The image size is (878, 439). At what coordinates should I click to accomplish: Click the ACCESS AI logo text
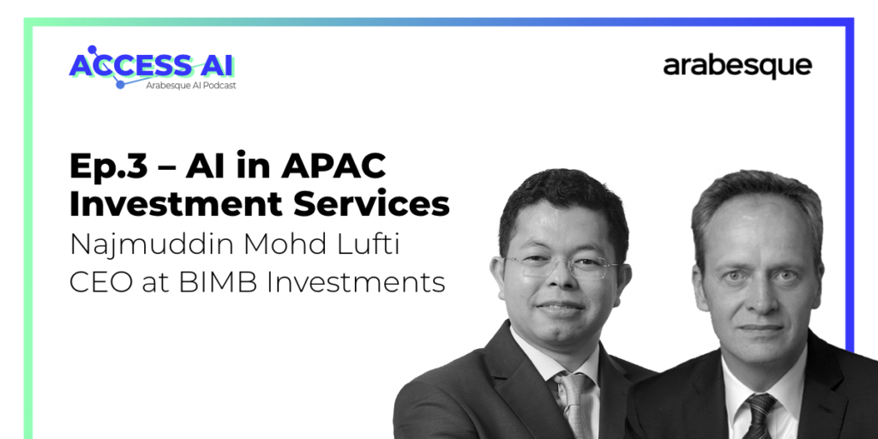[x=151, y=65]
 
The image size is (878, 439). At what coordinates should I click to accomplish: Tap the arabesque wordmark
[x=737, y=67]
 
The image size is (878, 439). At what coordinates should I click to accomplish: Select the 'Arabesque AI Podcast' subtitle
[x=191, y=86]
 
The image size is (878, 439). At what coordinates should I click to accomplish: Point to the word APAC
[x=334, y=165]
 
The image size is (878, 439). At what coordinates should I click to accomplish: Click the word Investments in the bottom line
[x=356, y=283]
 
